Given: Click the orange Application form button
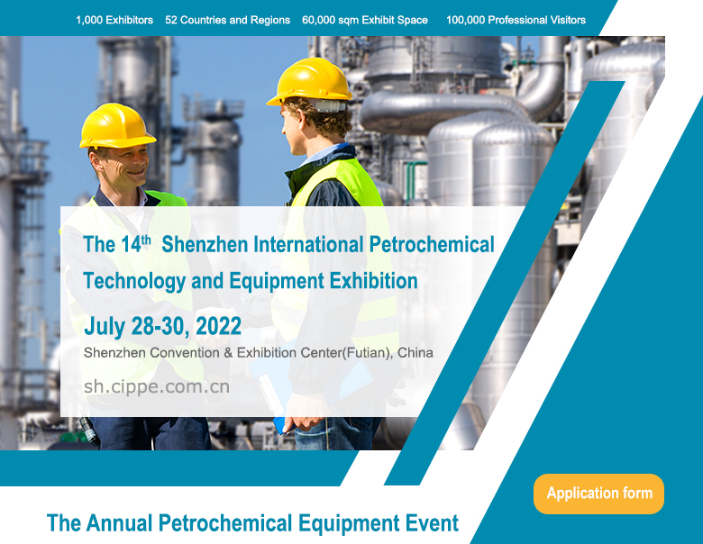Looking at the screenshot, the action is click(x=598, y=494).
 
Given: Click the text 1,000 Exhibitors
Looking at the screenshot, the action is click(x=114, y=20).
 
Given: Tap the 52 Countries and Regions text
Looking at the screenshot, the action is click(x=227, y=20).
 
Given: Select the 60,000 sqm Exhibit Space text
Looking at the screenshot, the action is click(x=364, y=20).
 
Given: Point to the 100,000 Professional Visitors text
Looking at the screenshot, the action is click(x=516, y=20).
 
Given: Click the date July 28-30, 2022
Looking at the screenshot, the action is click(x=163, y=326).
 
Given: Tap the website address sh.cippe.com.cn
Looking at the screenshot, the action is click(x=157, y=386).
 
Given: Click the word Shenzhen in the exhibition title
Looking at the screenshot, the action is click(x=205, y=245).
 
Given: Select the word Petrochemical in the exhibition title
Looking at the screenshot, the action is click(x=432, y=245).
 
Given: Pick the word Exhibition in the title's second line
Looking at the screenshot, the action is click(x=373, y=281).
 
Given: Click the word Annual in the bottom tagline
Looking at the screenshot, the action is click(x=119, y=523).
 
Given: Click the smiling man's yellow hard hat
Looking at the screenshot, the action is click(x=117, y=126).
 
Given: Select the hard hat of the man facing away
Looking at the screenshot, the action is click(x=310, y=82).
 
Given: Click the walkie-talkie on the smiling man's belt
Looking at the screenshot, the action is click(x=89, y=431).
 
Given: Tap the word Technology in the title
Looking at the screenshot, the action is click(x=134, y=281).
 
